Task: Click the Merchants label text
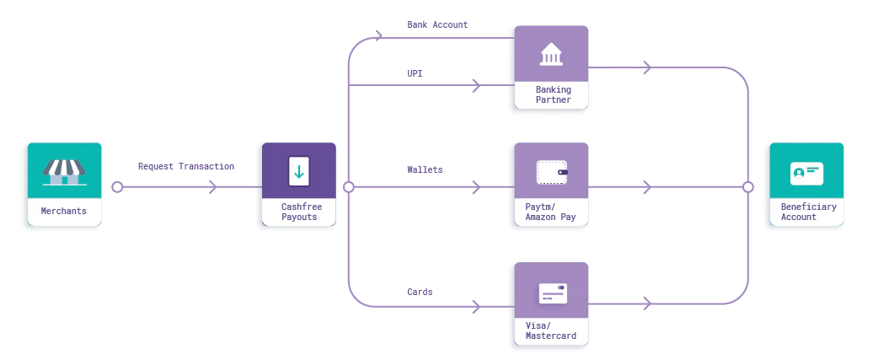[x=64, y=211]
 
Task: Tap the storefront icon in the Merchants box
[x=64, y=172]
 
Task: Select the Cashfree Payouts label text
[x=299, y=211]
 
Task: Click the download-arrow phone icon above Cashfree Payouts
[x=298, y=171]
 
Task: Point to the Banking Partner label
[x=553, y=94]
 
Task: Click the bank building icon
[x=553, y=55]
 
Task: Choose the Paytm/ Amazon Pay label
[x=550, y=212]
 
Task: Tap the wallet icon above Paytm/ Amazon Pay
[x=552, y=172]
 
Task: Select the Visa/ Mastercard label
[x=550, y=330]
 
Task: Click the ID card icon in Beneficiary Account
[x=806, y=173]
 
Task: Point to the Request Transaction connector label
[x=185, y=168]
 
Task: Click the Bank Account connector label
[x=437, y=25]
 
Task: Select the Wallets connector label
[x=424, y=169]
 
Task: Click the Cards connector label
[x=420, y=291]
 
